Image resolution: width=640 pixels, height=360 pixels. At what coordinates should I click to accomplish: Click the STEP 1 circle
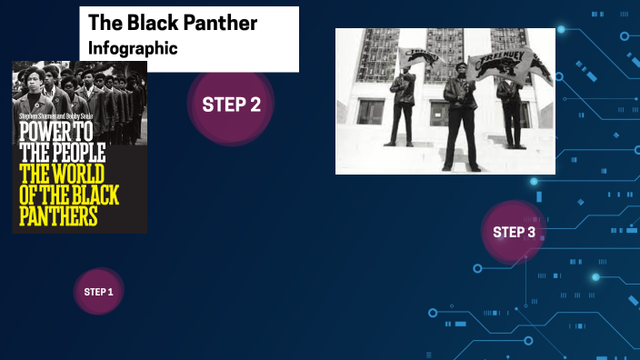(x=98, y=292)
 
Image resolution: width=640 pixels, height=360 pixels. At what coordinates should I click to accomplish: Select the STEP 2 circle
(x=231, y=105)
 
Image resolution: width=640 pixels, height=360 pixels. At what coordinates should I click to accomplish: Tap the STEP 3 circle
(x=514, y=232)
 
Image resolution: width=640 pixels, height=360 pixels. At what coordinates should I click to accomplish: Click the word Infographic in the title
(x=133, y=46)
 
